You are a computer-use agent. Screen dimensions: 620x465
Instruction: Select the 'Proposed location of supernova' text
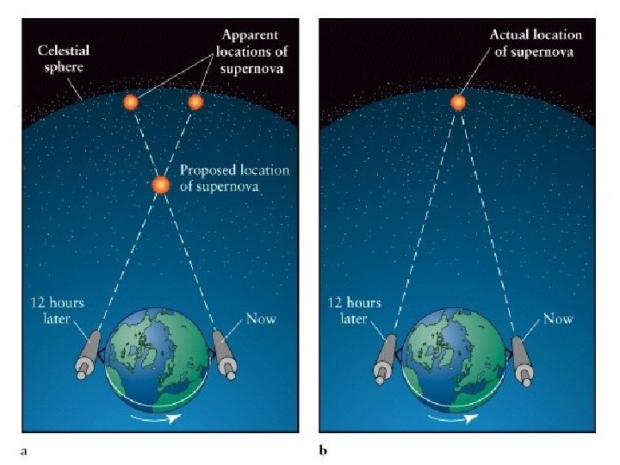click(234, 178)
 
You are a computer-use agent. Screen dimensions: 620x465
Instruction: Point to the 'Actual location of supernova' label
click(536, 43)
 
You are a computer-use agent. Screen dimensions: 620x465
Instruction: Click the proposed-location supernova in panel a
click(161, 185)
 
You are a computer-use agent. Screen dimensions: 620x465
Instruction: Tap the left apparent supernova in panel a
click(130, 102)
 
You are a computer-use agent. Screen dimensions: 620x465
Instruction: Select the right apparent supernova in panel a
click(195, 102)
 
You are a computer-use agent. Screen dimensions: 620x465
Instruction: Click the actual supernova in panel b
click(458, 102)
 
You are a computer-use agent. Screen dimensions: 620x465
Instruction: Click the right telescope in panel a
click(224, 353)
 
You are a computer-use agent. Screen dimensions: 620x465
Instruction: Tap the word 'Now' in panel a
click(261, 319)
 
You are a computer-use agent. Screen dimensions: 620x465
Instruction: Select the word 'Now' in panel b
click(558, 319)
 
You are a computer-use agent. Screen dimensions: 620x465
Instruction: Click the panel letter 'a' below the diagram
click(24, 449)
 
